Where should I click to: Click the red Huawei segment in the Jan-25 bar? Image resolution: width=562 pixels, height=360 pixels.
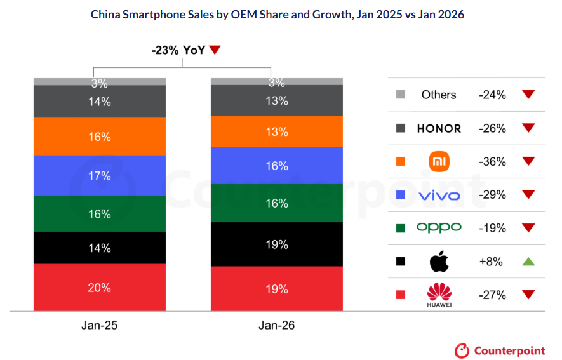100,287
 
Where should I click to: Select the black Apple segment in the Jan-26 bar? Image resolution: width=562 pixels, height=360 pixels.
277,244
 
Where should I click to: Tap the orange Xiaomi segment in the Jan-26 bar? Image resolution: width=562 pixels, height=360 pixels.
277,131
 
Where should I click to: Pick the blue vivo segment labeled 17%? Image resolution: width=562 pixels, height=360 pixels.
100,175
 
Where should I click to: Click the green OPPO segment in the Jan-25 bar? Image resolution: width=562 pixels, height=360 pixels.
100,214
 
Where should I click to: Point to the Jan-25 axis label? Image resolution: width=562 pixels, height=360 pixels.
100,325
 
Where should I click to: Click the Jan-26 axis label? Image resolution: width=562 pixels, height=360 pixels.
277,325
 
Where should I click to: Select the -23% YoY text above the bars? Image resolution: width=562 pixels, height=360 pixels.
178,50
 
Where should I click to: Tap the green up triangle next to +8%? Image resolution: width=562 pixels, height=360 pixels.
528,261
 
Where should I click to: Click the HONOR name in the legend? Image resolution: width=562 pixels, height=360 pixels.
439,128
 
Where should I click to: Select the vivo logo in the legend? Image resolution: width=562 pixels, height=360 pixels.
439,195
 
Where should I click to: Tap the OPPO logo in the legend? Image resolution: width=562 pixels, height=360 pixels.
439,227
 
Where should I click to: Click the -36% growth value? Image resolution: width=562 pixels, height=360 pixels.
492,162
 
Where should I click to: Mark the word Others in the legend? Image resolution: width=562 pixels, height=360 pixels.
439,95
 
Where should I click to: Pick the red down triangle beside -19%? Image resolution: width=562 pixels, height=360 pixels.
528,228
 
